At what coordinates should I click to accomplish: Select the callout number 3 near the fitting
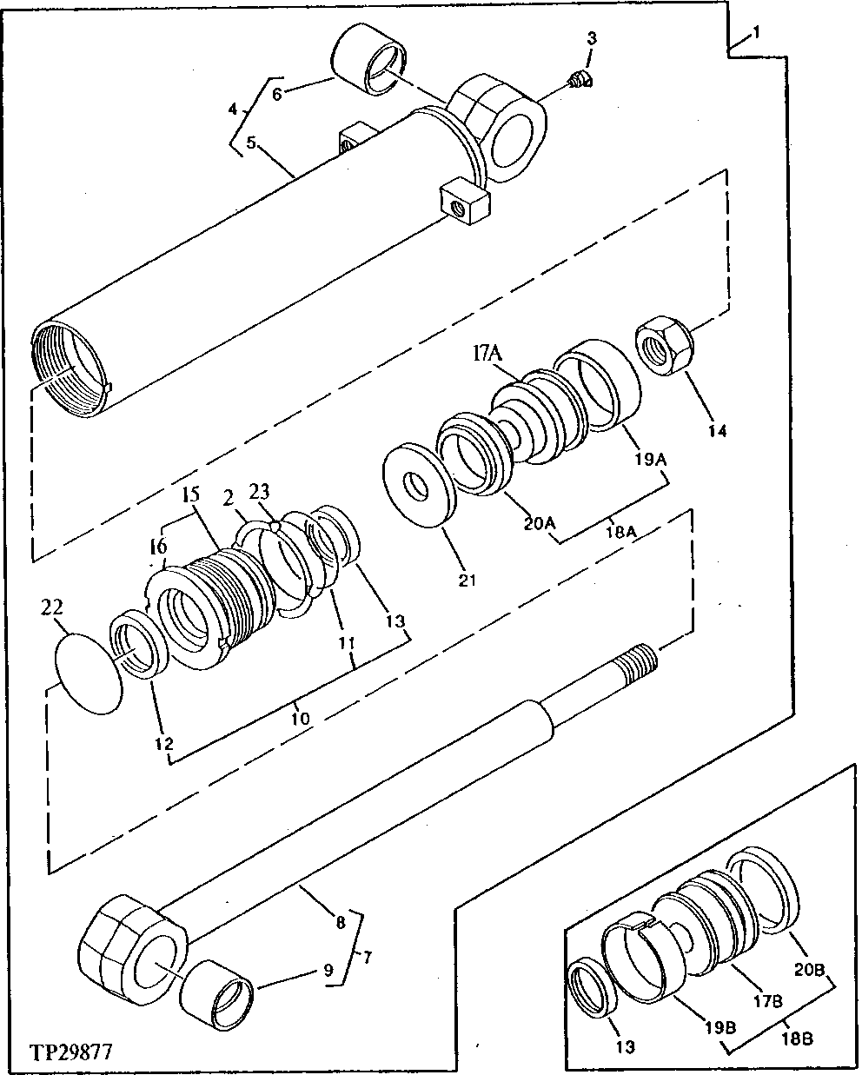591,37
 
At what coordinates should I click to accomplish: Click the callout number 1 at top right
757,32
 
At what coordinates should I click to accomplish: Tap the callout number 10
300,718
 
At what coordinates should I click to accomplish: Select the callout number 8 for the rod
341,922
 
